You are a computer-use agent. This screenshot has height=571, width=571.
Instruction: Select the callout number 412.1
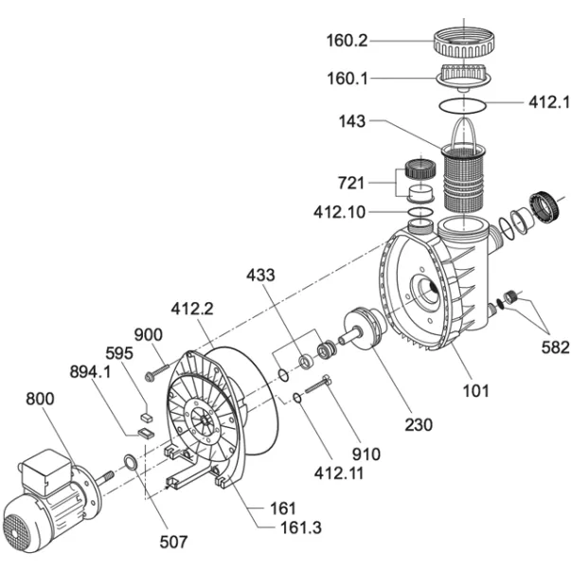pyautogui.click(x=547, y=99)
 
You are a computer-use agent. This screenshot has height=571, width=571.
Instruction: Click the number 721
pyautogui.click(x=359, y=180)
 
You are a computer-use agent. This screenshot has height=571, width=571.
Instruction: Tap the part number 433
pyautogui.click(x=260, y=276)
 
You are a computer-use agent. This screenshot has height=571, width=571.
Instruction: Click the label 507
pyautogui.click(x=172, y=542)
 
